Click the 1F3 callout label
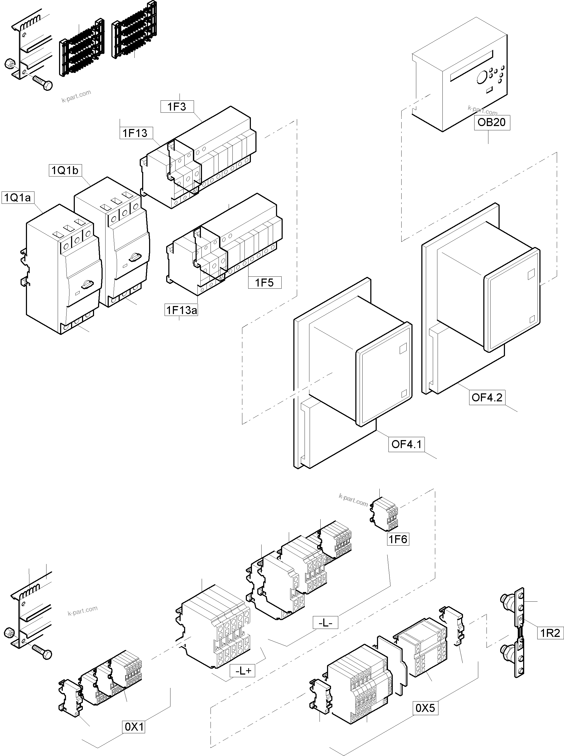[177, 107]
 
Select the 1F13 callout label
[135, 133]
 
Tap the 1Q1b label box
[65, 170]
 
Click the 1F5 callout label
[264, 283]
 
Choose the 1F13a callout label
[181, 310]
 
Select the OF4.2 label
[487, 397]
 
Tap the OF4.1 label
[406, 444]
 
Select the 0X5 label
[425, 708]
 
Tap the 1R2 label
[550, 633]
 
